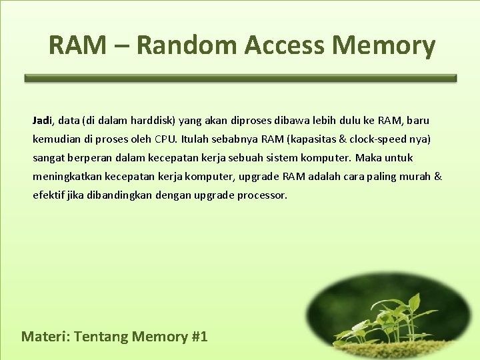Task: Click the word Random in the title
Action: coord(186,45)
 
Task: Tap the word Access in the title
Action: coord(284,45)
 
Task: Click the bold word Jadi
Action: coord(42,121)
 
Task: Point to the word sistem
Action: coord(297,158)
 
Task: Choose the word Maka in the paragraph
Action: coord(368,158)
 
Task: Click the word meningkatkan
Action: coord(66,177)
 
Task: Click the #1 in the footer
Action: coord(199,336)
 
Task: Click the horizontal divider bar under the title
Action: coord(240,78)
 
